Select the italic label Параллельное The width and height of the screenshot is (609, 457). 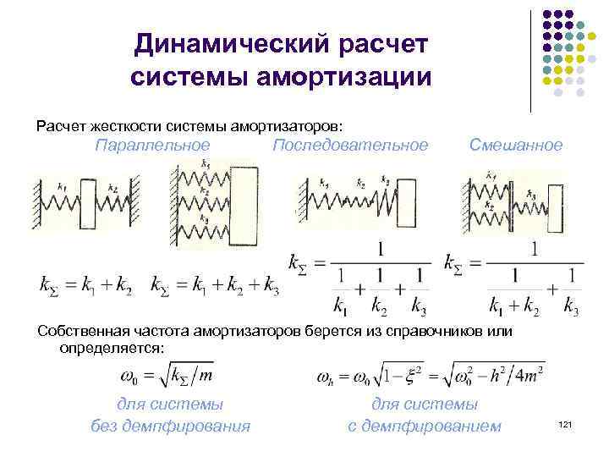[153, 145]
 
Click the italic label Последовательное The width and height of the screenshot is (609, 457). [350, 145]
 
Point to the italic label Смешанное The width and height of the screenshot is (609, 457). [516, 145]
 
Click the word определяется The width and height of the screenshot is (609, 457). [113, 348]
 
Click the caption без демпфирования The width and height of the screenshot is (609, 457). [170, 425]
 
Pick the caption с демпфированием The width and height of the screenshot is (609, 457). [425, 425]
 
